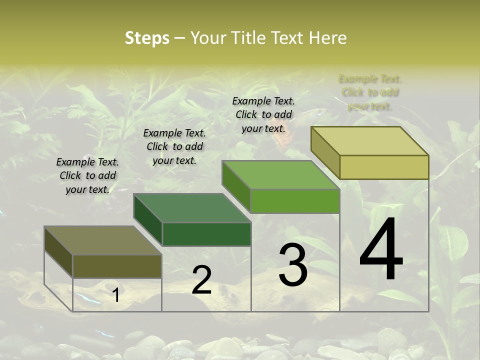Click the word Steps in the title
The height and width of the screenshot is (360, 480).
(147, 38)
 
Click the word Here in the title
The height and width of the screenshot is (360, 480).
(327, 38)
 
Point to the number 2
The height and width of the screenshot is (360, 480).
(202, 280)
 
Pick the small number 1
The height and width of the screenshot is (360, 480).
(116, 295)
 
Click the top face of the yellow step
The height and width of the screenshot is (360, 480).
(370, 140)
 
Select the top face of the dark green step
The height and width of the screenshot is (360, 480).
(192, 207)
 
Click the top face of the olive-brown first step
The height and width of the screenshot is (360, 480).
(103, 240)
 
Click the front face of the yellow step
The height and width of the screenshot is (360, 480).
(384, 167)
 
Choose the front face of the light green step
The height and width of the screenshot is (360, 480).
(295, 201)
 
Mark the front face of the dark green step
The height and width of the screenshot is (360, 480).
(206, 234)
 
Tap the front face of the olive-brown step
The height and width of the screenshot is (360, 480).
(117, 266)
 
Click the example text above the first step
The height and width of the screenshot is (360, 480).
(87, 175)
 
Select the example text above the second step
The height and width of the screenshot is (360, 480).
(174, 146)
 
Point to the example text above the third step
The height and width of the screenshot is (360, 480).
(263, 114)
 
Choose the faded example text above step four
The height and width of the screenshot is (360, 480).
(370, 92)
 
